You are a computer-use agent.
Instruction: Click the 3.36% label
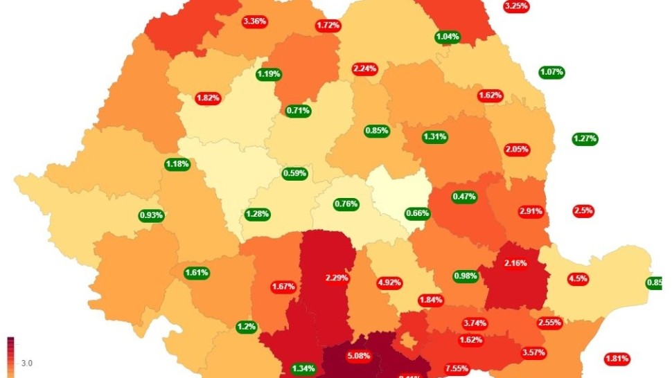coord(254,21)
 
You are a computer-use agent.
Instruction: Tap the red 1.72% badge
coord(328,26)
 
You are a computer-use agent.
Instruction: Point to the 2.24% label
coord(364,69)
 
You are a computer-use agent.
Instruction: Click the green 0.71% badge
coord(299,110)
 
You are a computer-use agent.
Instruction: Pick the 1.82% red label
coord(208,98)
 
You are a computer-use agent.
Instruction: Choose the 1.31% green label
coord(434,136)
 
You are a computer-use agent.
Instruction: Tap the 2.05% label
coord(517,149)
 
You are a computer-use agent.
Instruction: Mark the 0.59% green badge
coord(294,173)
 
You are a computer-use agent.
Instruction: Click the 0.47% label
coord(464,197)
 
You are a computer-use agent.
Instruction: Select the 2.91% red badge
coord(531,210)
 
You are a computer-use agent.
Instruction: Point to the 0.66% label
coord(417,213)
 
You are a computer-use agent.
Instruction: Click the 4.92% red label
coord(389,282)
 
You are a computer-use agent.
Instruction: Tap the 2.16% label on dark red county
coord(515,263)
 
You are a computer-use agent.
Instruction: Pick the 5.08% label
coord(359,356)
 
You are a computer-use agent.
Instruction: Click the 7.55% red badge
coord(457,368)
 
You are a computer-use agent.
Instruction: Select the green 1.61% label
coord(197,273)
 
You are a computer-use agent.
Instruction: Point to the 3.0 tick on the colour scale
coord(26,363)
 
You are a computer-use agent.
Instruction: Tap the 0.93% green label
coord(151,215)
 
